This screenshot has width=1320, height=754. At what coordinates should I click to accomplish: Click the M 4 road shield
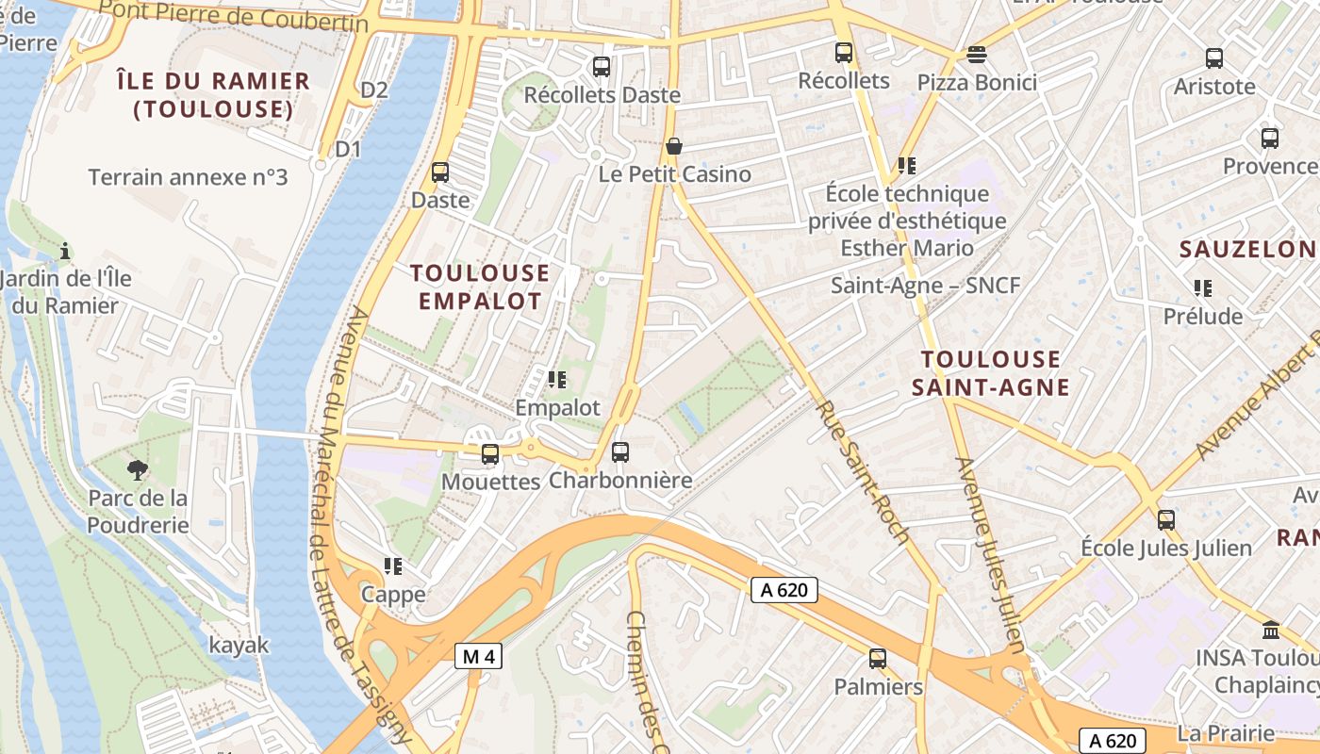click(478, 656)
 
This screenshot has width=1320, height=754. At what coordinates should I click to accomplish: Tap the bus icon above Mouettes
click(489, 453)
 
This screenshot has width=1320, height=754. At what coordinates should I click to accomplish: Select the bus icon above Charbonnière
click(619, 451)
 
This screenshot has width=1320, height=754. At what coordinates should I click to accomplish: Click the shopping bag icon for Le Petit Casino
click(673, 146)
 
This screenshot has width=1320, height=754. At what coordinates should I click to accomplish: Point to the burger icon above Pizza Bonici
click(976, 54)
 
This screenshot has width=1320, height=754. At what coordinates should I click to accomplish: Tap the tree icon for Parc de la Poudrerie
click(138, 469)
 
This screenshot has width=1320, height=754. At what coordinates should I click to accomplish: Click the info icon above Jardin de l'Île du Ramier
click(65, 251)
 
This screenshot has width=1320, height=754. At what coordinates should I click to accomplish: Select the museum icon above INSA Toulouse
click(1270, 630)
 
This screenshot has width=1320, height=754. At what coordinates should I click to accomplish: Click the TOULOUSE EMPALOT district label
click(480, 287)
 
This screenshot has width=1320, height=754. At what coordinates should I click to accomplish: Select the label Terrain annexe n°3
click(188, 177)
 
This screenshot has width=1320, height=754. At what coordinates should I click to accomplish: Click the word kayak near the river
click(239, 646)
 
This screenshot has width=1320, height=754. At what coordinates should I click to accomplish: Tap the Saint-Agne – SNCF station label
click(925, 285)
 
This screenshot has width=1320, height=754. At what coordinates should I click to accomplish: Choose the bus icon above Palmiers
click(877, 659)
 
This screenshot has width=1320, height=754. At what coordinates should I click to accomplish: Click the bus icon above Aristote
click(1213, 58)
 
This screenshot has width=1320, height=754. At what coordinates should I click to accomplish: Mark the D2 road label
click(374, 90)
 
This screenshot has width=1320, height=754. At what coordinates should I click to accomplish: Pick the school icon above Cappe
click(393, 566)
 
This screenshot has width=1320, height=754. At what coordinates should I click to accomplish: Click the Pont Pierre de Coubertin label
click(233, 15)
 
